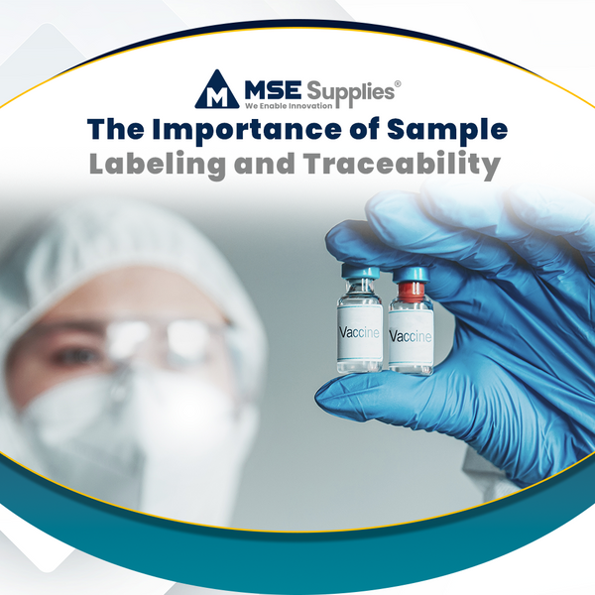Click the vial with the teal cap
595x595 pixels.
pos(359,322)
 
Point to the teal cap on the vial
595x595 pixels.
pos(360,275)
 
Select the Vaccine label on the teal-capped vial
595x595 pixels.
pos(359,333)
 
